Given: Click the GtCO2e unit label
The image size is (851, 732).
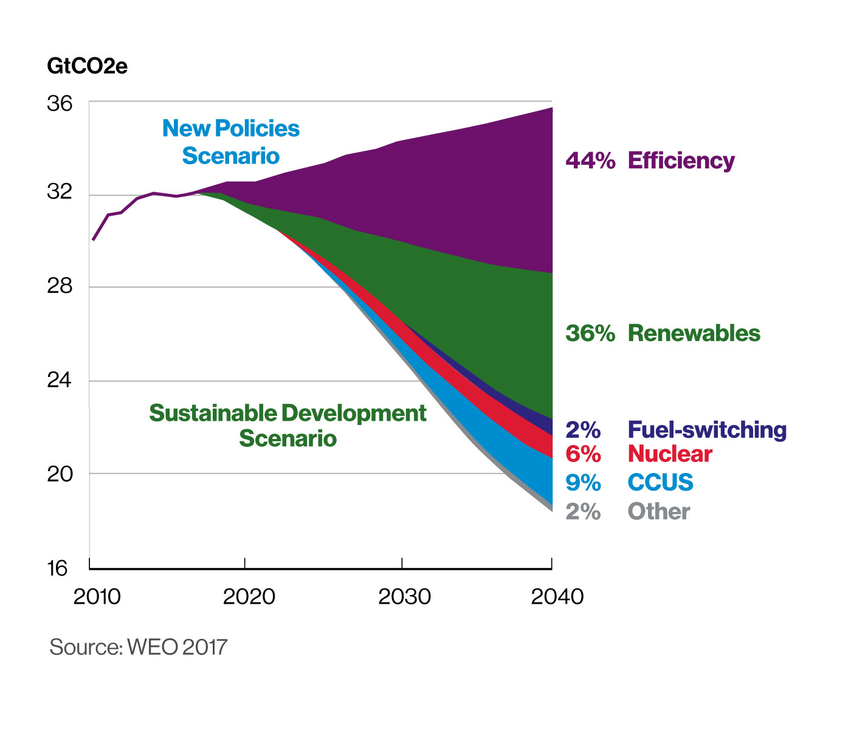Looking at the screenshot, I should click(x=87, y=66).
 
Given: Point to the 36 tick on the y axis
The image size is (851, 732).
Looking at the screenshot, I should click(x=60, y=104).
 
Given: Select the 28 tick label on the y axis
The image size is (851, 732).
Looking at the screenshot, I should click(x=60, y=286).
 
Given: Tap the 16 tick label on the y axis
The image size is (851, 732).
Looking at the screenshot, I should click(x=58, y=568).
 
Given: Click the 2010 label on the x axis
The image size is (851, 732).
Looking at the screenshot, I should click(x=97, y=597).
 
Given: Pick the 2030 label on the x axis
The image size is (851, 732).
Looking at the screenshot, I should click(x=404, y=597).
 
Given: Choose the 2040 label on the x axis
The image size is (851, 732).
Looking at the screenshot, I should click(x=557, y=597).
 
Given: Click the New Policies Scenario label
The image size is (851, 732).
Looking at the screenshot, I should click(x=231, y=142).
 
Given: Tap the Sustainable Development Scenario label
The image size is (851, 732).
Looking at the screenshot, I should click(x=288, y=426).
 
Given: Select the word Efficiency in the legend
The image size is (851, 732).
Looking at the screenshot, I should click(x=681, y=161).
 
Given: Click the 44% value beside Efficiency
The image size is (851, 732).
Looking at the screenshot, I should click(x=590, y=161).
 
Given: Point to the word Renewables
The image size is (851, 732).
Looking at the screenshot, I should click(x=694, y=333).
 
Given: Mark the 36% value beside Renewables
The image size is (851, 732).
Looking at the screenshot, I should click(x=590, y=333).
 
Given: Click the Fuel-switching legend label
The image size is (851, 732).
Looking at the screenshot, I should click(x=707, y=430).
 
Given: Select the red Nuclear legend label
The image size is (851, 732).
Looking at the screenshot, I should click(x=670, y=454).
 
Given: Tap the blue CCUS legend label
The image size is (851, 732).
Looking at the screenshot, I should click(x=660, y=483).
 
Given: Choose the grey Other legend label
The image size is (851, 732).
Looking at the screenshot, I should click(x=658, y=512).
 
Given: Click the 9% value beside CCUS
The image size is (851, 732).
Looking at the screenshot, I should click(x=583, y=483).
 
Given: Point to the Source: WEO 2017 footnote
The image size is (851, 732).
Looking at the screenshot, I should click(x=138, y=647).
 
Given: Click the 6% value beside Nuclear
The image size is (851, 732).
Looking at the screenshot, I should click(x=583, y=454).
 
